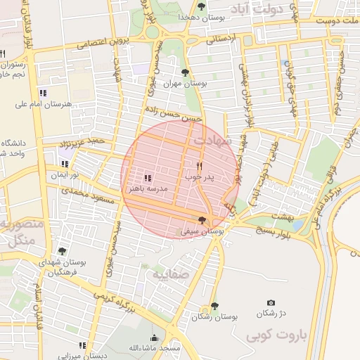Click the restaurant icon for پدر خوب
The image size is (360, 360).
point(200,166)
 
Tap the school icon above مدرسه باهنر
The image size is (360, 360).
point(148,178)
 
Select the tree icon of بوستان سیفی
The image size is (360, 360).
point(202,221)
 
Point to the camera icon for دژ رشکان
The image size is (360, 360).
point(271,302)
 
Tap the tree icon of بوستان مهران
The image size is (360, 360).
point(185,72)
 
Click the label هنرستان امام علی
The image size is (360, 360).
point(42,104)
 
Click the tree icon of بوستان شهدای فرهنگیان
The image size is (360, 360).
point(62,251)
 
